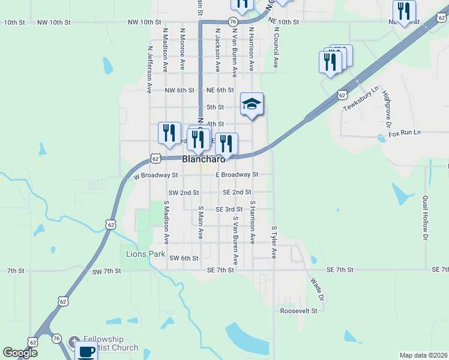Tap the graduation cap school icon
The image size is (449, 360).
[x=252, y=104]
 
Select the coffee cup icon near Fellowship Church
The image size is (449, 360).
[x=86, y=352]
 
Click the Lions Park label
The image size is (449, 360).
[x=145, y=254]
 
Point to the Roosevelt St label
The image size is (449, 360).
[x=298, y=311]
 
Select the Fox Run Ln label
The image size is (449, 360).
[x=405, y=133]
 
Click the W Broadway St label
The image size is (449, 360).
[x=156, y=176]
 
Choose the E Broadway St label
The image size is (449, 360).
[x=237, y=175]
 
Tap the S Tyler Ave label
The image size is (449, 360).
[x=274, y=242]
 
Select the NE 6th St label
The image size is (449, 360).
[x=220, y=90]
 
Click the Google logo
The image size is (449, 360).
[x=20, y=352]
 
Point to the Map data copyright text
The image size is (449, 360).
[x=423, y=355]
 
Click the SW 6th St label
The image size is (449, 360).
[x=184, y=258]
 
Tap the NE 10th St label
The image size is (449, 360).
[x=283, y=22]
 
